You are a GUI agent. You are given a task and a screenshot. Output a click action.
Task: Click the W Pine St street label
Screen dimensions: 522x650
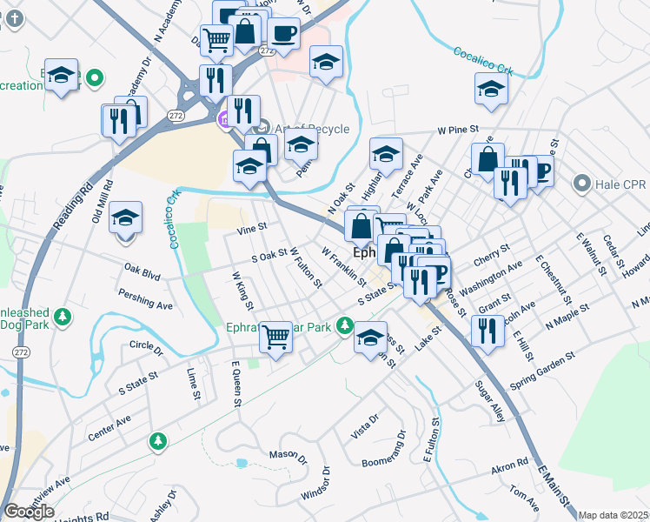(x=459, y=130)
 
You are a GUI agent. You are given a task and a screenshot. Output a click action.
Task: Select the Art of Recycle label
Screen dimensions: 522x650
(x=311, y=129)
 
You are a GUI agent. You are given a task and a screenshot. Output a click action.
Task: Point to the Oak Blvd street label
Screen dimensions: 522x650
(x=143, y=272)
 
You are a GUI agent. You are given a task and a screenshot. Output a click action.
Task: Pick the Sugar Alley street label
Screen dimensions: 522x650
(x=491, y=401)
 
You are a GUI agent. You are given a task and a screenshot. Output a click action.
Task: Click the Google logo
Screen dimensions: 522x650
(x=29, y=512)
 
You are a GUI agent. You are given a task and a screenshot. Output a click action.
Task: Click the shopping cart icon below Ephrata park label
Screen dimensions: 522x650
(x=276, y=335)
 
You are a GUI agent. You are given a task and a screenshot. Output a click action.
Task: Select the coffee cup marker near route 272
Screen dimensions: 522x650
(x=283, y=34)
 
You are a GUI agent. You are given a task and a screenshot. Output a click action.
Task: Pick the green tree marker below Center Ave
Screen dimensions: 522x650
(x=157, y=442)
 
